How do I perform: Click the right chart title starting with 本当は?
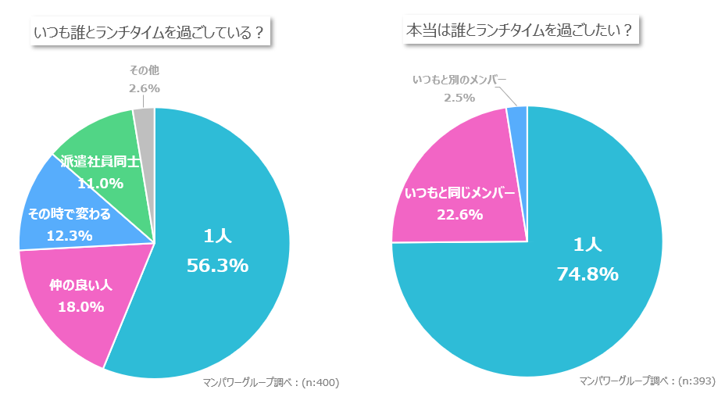coord(520,31)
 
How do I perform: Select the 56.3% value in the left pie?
coord(217,266)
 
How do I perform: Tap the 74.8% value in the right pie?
coord(587,274)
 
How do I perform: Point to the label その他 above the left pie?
coord(144,70)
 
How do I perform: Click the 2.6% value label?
coord(144,88)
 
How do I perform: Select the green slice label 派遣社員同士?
coord(100,163)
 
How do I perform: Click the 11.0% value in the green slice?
coord(100,184)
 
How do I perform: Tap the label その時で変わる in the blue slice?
coord(70,213)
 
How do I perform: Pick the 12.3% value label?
coord(70,234)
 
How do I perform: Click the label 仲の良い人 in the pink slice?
coord(80,285)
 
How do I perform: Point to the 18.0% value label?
coord(80,306)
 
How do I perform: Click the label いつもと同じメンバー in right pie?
coord(459,192)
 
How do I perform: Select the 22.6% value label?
coord(459,214)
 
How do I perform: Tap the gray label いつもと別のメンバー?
coord(459,80)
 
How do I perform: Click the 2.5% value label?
coord(459,98)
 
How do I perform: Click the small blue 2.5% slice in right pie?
coord(518,117)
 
